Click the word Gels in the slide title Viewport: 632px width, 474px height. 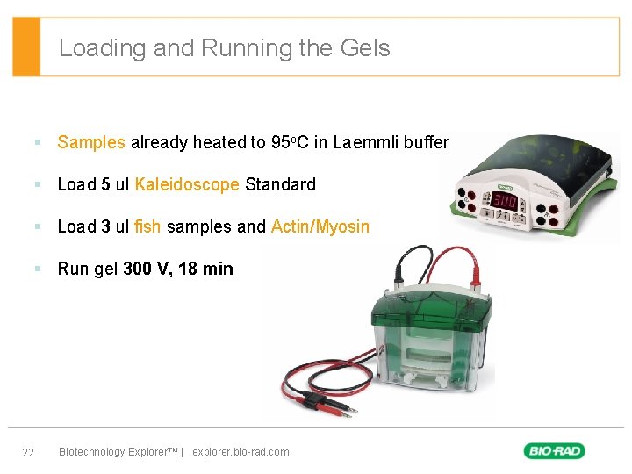[363, 47]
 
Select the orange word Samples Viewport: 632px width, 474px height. [91, 142]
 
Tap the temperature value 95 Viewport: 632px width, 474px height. [281, 142]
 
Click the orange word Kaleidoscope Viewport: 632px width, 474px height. [187, 184]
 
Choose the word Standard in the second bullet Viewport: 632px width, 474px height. [280, 184]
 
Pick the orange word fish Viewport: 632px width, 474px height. [147, 226]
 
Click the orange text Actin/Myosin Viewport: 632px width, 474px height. [320, 226]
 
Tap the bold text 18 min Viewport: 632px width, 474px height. [205, 269]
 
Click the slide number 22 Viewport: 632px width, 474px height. [28, 452]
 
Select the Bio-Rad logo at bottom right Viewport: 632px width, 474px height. [554, 451]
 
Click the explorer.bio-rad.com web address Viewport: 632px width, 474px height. [241, 452]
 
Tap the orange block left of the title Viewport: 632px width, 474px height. [26, 47]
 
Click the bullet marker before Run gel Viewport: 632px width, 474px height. [38, 269]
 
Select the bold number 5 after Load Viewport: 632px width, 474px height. [105, 184]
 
